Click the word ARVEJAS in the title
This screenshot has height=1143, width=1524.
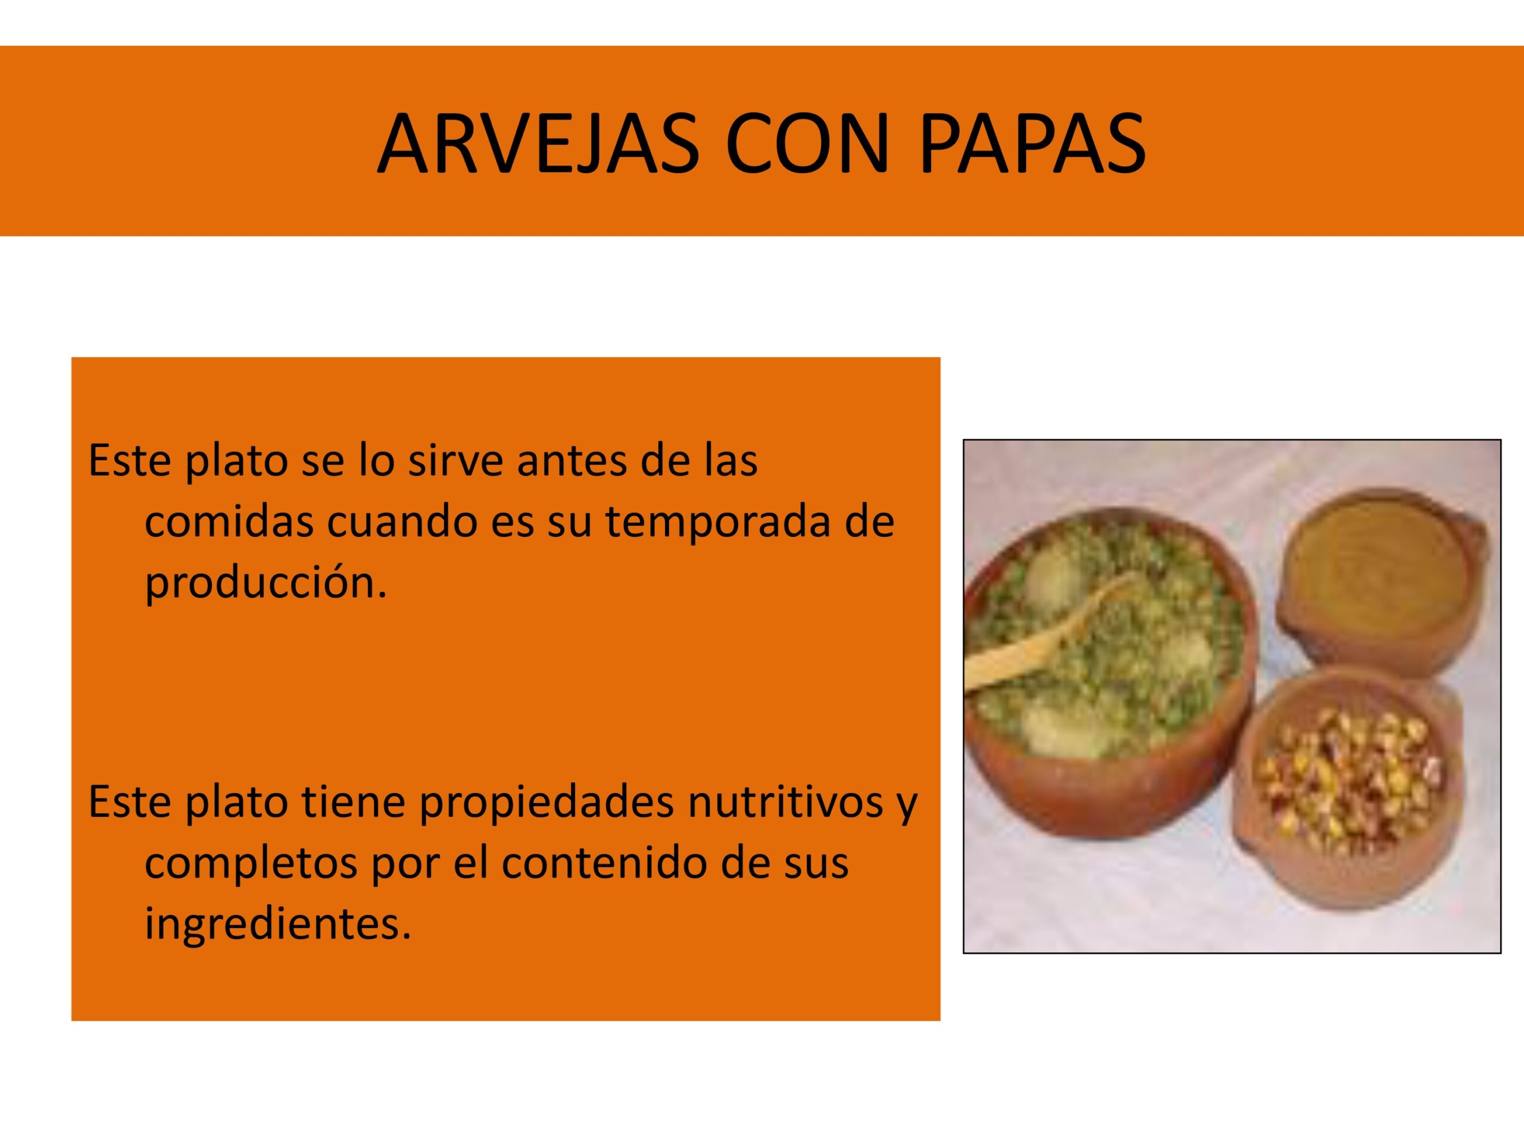pyautogui.click(x=538, y=144)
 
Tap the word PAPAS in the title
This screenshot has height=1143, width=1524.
pyautogui.click(x=1032, y=144)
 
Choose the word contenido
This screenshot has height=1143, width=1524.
pyautogui.click(x=604, y=863)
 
